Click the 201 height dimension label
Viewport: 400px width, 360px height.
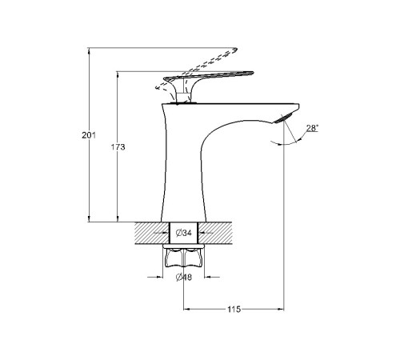coord(89,135)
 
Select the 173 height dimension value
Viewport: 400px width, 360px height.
coord(118,147)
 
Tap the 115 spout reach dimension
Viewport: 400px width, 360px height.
coord(234,310)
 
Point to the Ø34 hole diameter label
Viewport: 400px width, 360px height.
coord(184,233)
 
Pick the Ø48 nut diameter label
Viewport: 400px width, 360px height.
coord(184,278)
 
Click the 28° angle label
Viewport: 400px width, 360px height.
coord(312,128)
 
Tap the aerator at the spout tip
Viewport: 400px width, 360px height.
coord(283,118)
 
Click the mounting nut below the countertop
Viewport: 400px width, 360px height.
coord(184,258)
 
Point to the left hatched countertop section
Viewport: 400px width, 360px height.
coord(152,233)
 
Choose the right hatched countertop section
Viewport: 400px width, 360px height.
coord(215,233)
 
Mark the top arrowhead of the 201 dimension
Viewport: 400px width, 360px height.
coord(89,50)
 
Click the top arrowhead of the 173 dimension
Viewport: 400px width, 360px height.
coord(118,74)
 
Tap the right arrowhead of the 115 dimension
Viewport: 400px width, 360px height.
coord(281,310)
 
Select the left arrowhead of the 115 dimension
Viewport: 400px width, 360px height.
coord(186,310)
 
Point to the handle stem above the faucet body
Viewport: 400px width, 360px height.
coord(182,97)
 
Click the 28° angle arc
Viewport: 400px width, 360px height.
coord(289,143)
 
